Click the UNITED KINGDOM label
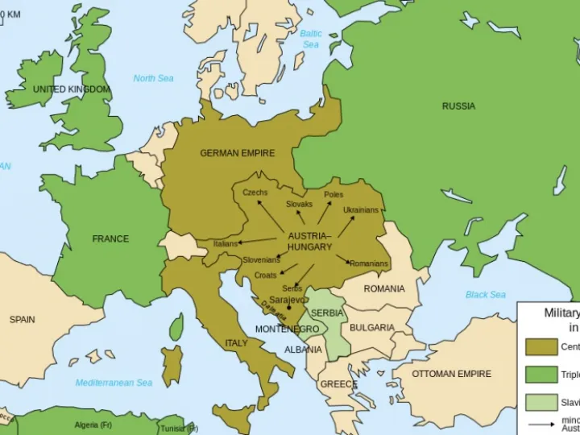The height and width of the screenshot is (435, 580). (x=71, y=89)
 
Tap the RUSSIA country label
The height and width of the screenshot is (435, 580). (x=458, y=106)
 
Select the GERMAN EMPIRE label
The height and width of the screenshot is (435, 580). (x=237, y=153)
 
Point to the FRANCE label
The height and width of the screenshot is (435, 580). (x=110, y=239)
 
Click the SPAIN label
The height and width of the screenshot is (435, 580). (x=22, y=320)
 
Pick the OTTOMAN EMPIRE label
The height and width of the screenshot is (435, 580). (x=451, y=375)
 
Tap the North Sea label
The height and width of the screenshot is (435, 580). (x=153, y=78)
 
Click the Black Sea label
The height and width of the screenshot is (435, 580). (x=486, y=295)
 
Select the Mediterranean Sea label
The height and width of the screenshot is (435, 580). (x=114, y=383)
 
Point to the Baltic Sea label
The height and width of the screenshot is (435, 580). (x=311, y=39)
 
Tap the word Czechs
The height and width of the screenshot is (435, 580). (x=255, y=193)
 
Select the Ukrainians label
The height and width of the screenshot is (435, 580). (x=360, y=210)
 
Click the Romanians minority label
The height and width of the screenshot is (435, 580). (x=369, y=264)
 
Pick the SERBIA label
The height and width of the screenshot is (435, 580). (x=327, y=313)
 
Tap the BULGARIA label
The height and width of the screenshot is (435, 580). (x=372, y=328)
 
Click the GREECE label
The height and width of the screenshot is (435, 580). (x=338, y=384)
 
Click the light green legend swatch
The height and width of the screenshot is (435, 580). (x=541, y=402)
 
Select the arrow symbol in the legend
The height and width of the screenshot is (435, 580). (x=541, y=424)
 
